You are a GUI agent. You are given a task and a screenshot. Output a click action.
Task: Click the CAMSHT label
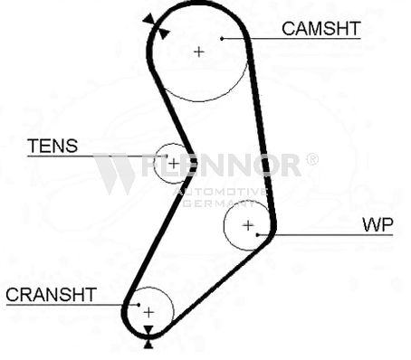[321, 29]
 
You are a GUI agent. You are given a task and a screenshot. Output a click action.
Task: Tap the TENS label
[53, 146]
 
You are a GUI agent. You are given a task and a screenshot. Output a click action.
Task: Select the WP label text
[378, 224]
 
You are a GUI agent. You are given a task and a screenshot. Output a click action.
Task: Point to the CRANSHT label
[51, 295]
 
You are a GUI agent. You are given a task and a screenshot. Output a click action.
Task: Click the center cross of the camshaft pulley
[198, 52]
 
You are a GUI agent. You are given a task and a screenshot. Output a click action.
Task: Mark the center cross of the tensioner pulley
[174, 164]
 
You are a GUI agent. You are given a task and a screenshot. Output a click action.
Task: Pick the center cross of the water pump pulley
[248, 225]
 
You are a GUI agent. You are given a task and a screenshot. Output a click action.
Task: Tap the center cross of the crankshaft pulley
[148, 312]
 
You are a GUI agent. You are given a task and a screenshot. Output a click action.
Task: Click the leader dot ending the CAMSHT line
[222, 38]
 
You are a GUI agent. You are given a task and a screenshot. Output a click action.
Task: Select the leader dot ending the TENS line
[166, 156]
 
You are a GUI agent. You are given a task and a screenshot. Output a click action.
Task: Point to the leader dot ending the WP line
[257, 234]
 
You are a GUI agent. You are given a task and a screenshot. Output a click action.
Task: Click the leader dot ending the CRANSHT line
[139, 305]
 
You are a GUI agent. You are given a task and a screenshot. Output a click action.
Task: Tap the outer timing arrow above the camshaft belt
[149, 20]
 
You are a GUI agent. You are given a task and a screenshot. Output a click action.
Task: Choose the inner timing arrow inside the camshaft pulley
[163, 33]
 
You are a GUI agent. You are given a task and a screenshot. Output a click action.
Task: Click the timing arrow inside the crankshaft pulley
[148, 330]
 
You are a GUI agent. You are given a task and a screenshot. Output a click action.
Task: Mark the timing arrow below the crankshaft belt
[148, 345]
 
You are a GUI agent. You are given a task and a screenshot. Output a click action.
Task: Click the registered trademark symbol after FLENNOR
[312, 159]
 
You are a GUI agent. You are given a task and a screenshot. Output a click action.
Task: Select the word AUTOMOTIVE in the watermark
[220, 192]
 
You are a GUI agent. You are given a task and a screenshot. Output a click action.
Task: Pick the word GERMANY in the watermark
[219, 204]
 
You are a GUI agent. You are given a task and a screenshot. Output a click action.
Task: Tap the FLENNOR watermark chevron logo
[114, 174]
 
